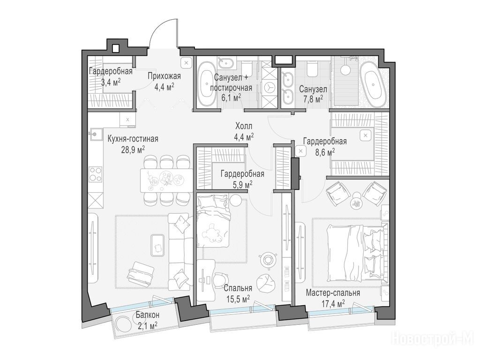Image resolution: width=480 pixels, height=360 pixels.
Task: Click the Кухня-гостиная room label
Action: (133, 139)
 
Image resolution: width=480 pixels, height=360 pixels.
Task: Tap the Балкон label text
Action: (148, 315)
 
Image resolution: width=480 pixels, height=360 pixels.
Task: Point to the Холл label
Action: (244, 126)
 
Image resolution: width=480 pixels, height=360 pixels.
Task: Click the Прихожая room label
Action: (164, 76)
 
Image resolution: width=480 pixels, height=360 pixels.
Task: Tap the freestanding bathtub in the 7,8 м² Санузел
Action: (373, 84)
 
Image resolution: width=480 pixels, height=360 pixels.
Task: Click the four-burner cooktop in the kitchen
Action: (96, 174)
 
